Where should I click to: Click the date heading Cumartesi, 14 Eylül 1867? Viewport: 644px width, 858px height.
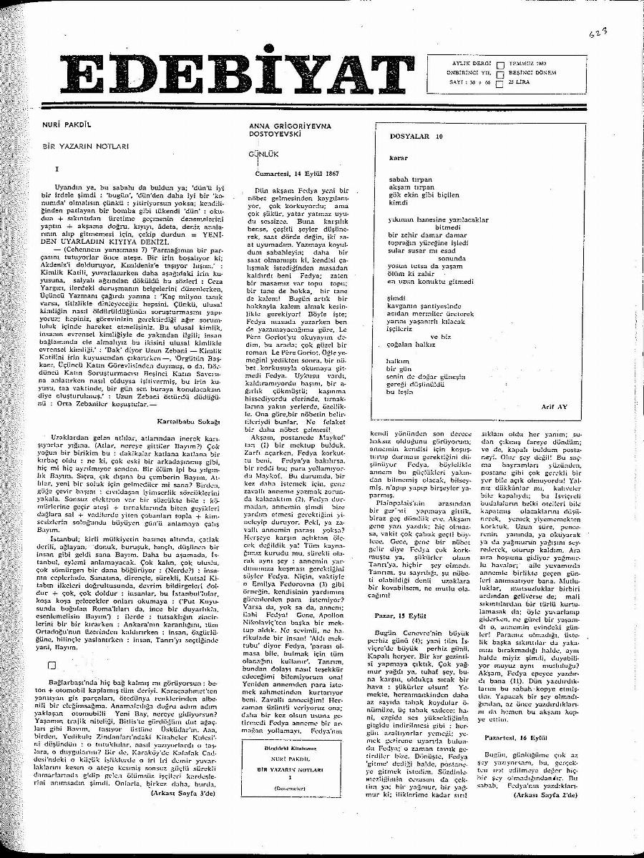(x=298, y=174)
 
